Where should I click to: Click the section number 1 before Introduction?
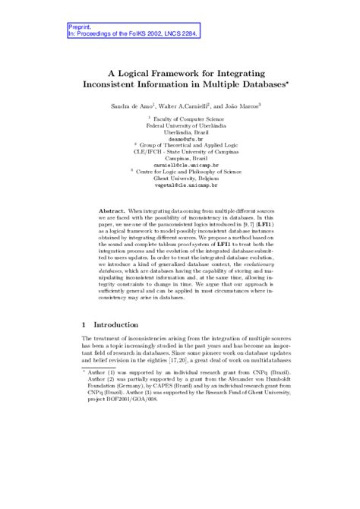tap(84, 346)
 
